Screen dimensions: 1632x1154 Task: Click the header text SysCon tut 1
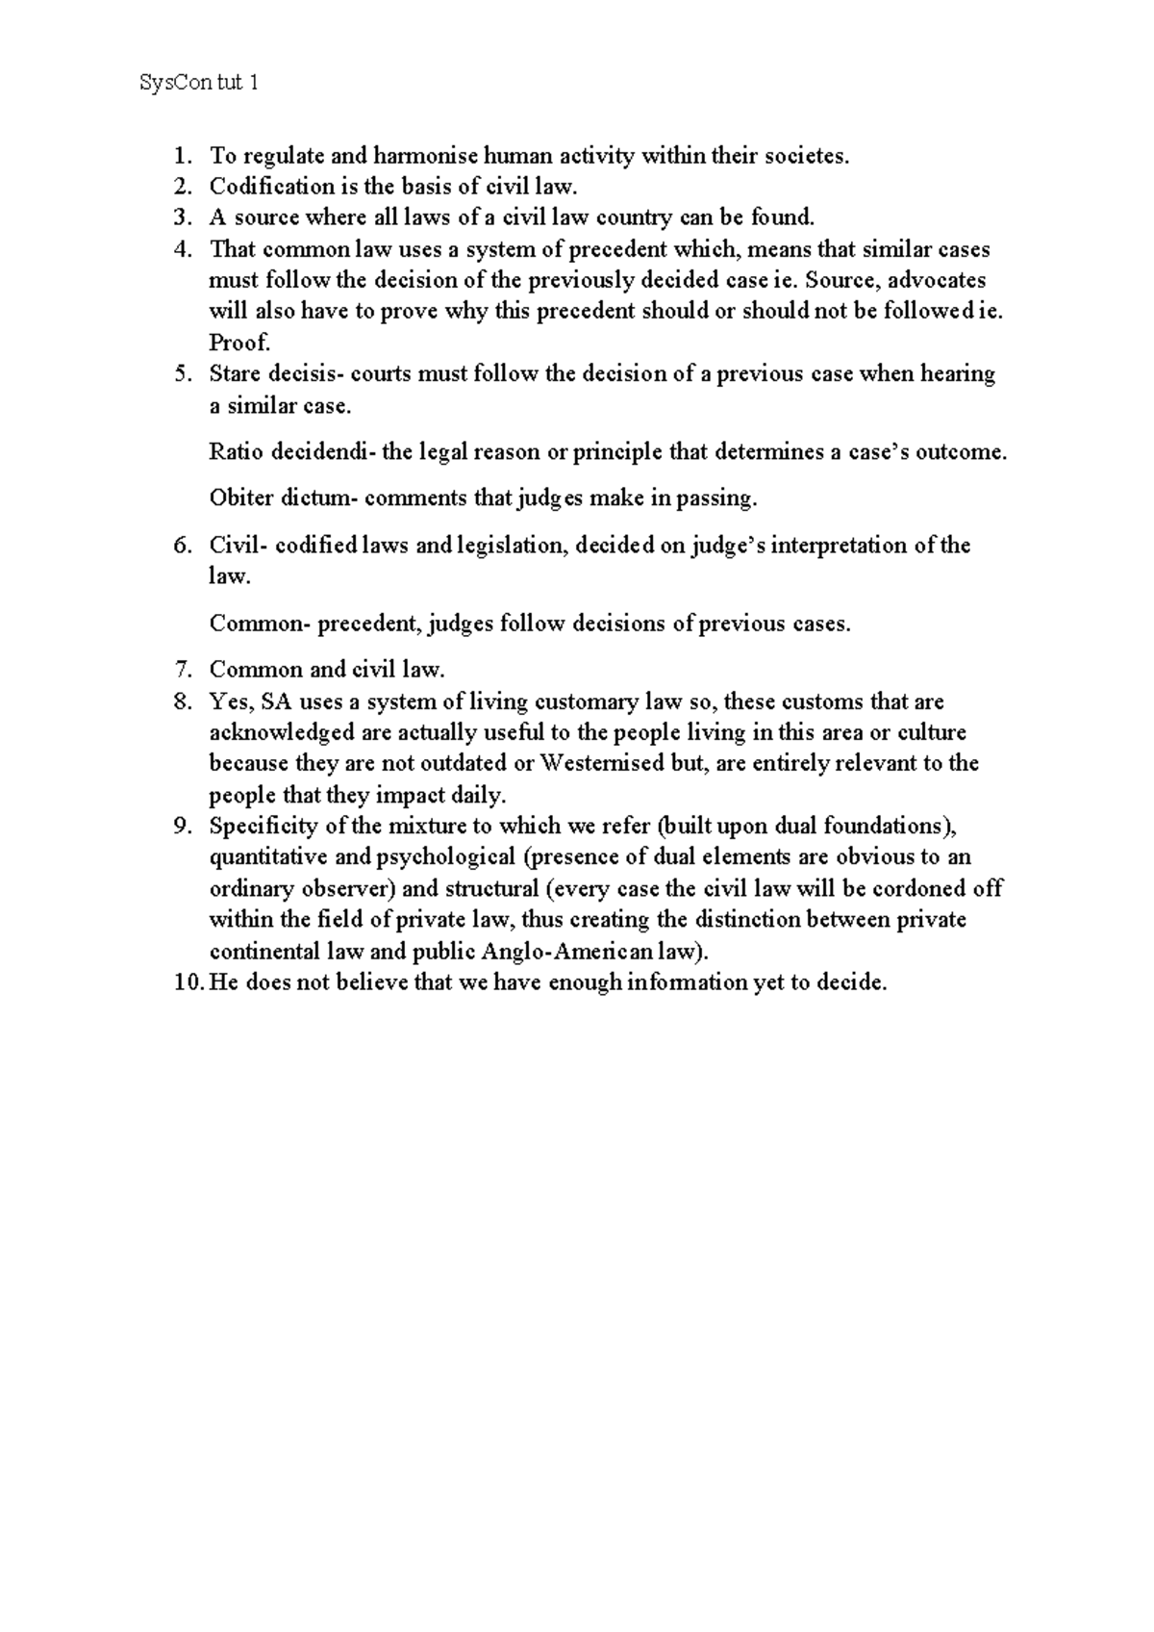point(198,84)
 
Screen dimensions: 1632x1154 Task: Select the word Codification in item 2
point(268,186)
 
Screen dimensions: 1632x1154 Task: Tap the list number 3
point(181,217)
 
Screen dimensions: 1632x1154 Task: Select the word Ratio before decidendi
point(237,451)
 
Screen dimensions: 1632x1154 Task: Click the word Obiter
point(241,497)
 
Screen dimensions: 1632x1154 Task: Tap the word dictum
point(315,497)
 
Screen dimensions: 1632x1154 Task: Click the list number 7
point(181,670)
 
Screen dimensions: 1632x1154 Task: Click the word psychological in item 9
point(446,856)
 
